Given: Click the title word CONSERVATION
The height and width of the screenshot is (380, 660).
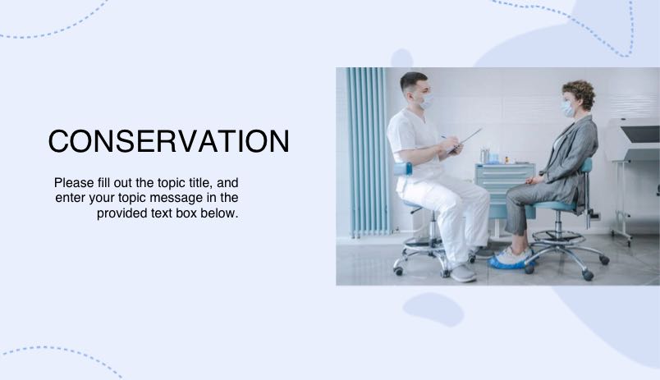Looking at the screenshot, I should (168, 141).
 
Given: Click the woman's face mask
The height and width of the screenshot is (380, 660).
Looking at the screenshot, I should (567, 108).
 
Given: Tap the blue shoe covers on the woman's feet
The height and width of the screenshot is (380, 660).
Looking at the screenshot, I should (510, 258).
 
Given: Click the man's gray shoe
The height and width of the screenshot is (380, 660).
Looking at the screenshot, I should (463, 272).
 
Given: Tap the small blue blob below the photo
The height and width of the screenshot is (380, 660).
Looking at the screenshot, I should (433, 309).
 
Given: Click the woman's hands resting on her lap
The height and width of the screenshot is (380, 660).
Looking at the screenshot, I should (534, 179).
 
